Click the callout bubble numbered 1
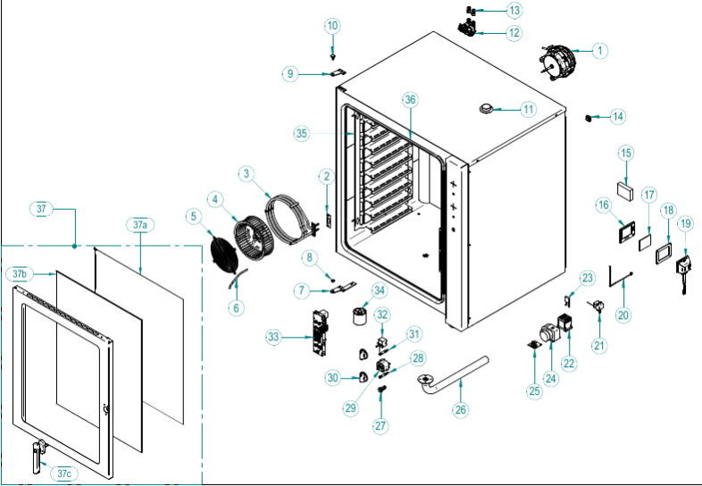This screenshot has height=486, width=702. [x=599, y=51]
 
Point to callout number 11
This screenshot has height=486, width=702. [x=528, y=110]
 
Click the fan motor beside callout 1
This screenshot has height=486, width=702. [x=556, y=60]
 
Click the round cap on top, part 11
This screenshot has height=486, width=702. [x=485, y=109]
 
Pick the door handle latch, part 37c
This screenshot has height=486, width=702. [x=38, y=453]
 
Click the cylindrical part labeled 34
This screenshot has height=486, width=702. [x=360, y=316]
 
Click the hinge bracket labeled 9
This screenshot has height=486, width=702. [x=338, y=72]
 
